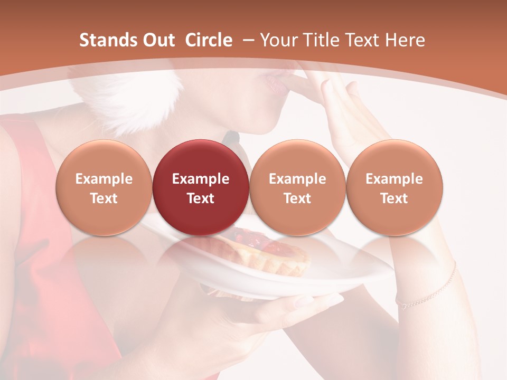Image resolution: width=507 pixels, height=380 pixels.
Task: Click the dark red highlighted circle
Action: [x=200, y=187]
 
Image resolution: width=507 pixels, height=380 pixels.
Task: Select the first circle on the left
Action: [x=104, y=187]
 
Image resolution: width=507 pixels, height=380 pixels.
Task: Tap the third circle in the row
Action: [x=297, y=187]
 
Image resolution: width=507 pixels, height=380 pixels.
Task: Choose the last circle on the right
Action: [x=394, y=187]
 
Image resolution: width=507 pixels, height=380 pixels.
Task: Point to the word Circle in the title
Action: [x=209, y=40]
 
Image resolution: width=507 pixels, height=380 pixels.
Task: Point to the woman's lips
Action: [x=275, y=82]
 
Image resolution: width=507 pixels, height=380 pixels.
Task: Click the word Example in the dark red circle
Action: [x=200, y=179]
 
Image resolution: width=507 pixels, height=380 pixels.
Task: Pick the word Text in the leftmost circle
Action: [x=104, y=198]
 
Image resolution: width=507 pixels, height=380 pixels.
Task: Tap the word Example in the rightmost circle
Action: [x=394, y=179]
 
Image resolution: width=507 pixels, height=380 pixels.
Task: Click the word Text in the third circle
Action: [x=297, y=198]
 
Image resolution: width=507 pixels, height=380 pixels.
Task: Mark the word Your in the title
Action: [x=278, y=40]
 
